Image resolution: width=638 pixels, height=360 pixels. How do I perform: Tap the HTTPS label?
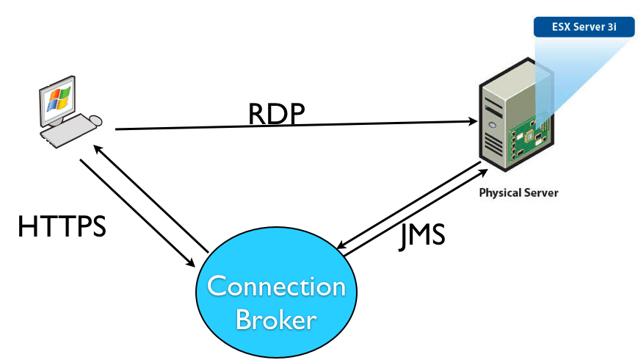tap(62, 226)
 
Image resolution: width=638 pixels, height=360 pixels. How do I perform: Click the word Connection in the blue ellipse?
tap(276, 286)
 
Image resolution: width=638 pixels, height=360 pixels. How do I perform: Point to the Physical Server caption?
tap(518, 193)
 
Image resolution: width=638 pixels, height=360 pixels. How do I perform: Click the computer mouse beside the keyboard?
tap(95, 120)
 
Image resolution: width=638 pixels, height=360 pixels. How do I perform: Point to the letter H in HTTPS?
tap(27, 226)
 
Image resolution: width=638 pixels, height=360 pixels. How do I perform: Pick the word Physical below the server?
tap(501, 193)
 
